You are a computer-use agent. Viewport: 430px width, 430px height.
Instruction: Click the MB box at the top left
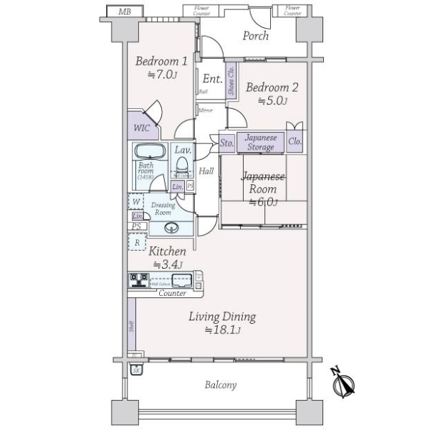click(125, 11)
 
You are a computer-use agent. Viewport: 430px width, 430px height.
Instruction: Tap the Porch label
click(255, 36)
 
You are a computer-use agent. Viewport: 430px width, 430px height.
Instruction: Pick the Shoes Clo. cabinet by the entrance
click(231, 80)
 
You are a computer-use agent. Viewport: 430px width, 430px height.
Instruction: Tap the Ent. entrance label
click(211, 79)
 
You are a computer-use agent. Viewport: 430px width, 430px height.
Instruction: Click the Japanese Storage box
click(260, 142)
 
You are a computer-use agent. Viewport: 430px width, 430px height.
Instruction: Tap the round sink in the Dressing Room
click(171, 229)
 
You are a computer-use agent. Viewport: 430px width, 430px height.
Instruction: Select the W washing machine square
click(135, 202)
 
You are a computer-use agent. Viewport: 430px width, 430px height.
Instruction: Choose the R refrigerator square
click(135, 243)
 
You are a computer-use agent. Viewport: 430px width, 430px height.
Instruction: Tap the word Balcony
click(220, 385)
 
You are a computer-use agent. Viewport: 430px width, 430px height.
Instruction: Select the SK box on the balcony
click(135, 370)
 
